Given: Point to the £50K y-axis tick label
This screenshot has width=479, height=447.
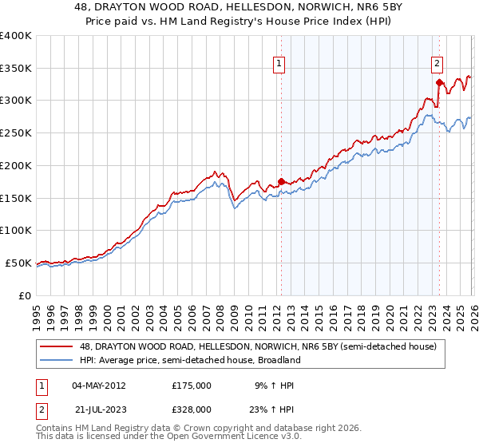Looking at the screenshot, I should [x=18, y=263].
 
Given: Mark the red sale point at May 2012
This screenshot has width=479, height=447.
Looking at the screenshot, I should [x=281, y=181].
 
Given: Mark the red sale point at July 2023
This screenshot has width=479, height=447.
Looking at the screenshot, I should [x=439, y=82].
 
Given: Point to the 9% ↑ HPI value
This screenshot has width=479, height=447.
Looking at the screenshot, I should [x=274, y=386].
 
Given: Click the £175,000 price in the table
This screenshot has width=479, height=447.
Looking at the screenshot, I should [x=192, y=386].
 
